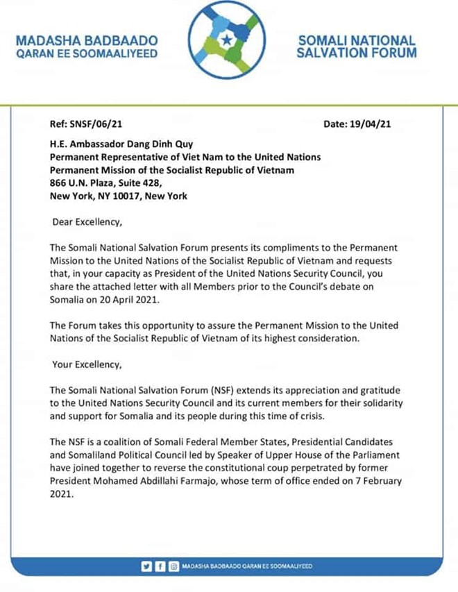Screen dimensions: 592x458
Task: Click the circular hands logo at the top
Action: (x=228, y=43)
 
